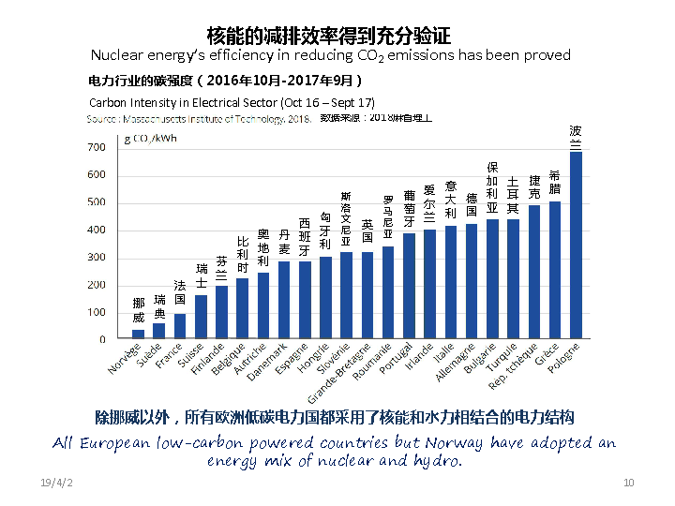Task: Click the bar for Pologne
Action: coord(576,245)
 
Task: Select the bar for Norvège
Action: coord(138,334)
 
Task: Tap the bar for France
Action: coord(180,326)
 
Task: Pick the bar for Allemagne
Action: coord(472,281)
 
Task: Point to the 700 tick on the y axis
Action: coord(96,148)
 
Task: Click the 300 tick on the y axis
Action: coord(96,258)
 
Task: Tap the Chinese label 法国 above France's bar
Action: coord(180,291)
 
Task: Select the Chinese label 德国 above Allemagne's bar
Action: coord(472,205)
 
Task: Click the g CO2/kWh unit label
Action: coord(150,139)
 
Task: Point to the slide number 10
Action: coord(629,482)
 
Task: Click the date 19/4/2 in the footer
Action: coord(56,482)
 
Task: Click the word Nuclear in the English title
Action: coord(113,55)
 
